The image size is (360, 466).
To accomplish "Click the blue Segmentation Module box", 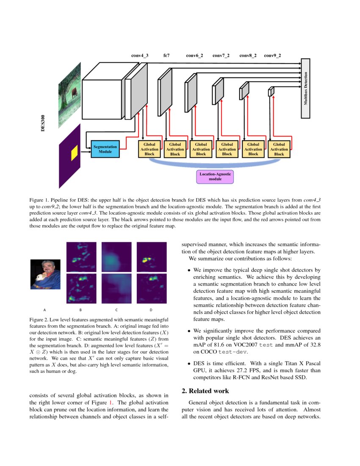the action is pos(105,149).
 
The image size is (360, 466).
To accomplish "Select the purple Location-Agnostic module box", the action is pos(215,176).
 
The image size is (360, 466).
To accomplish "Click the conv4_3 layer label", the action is pos(140,55).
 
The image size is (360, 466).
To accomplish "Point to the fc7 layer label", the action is pos(166,55).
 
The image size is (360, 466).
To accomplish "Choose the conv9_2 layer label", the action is pos(272,55).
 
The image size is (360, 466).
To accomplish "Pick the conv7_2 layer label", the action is pos(221,55).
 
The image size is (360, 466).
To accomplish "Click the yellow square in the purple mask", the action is pos(74,153).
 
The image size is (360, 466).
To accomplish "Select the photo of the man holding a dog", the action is pos(45,275).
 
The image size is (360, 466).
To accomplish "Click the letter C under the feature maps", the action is pos(116,309).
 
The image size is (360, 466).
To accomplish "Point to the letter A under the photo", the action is pos(44,309).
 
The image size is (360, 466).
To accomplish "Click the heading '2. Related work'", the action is pos(205,391).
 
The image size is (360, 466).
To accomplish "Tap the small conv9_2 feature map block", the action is pos(271,92).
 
